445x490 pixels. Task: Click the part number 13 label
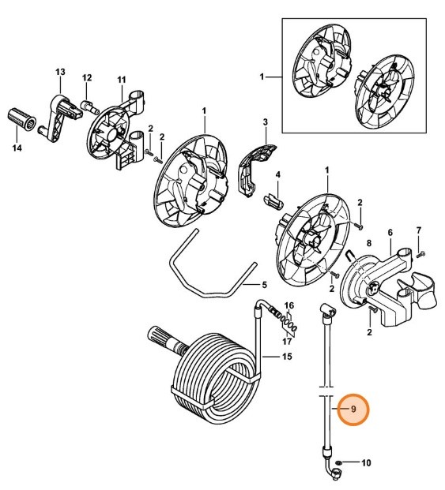click(59, 73)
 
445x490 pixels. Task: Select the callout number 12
click(87, 77)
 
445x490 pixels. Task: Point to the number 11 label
click(122, 80)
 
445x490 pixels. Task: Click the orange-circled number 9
click(353, 410)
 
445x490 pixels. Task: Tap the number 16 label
click(289, 305)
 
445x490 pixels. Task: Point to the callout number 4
click(277, 174)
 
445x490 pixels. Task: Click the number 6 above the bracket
click(390, 233)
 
